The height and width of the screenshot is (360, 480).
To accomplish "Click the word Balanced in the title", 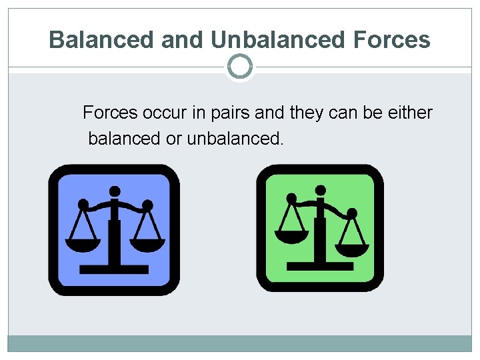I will pos(102,40).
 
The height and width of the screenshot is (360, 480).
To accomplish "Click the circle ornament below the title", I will pos(240,67).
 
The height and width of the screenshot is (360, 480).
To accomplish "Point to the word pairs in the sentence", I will pos(230,113).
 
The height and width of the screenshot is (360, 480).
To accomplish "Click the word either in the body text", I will pos(408,113).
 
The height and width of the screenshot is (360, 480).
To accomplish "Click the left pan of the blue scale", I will pos(83,244).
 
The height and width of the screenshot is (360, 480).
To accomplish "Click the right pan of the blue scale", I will pos(147,245).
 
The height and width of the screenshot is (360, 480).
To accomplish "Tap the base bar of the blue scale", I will pos(114,269).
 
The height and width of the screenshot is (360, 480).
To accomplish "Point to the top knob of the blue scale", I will pos(115,191).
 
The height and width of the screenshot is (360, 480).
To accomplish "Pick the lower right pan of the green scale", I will pos(352,251).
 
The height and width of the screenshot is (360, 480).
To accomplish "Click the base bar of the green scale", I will pos(321,266).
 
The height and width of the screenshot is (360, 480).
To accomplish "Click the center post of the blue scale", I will pos(115,233).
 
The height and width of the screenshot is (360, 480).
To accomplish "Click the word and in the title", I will pos(183,40).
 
